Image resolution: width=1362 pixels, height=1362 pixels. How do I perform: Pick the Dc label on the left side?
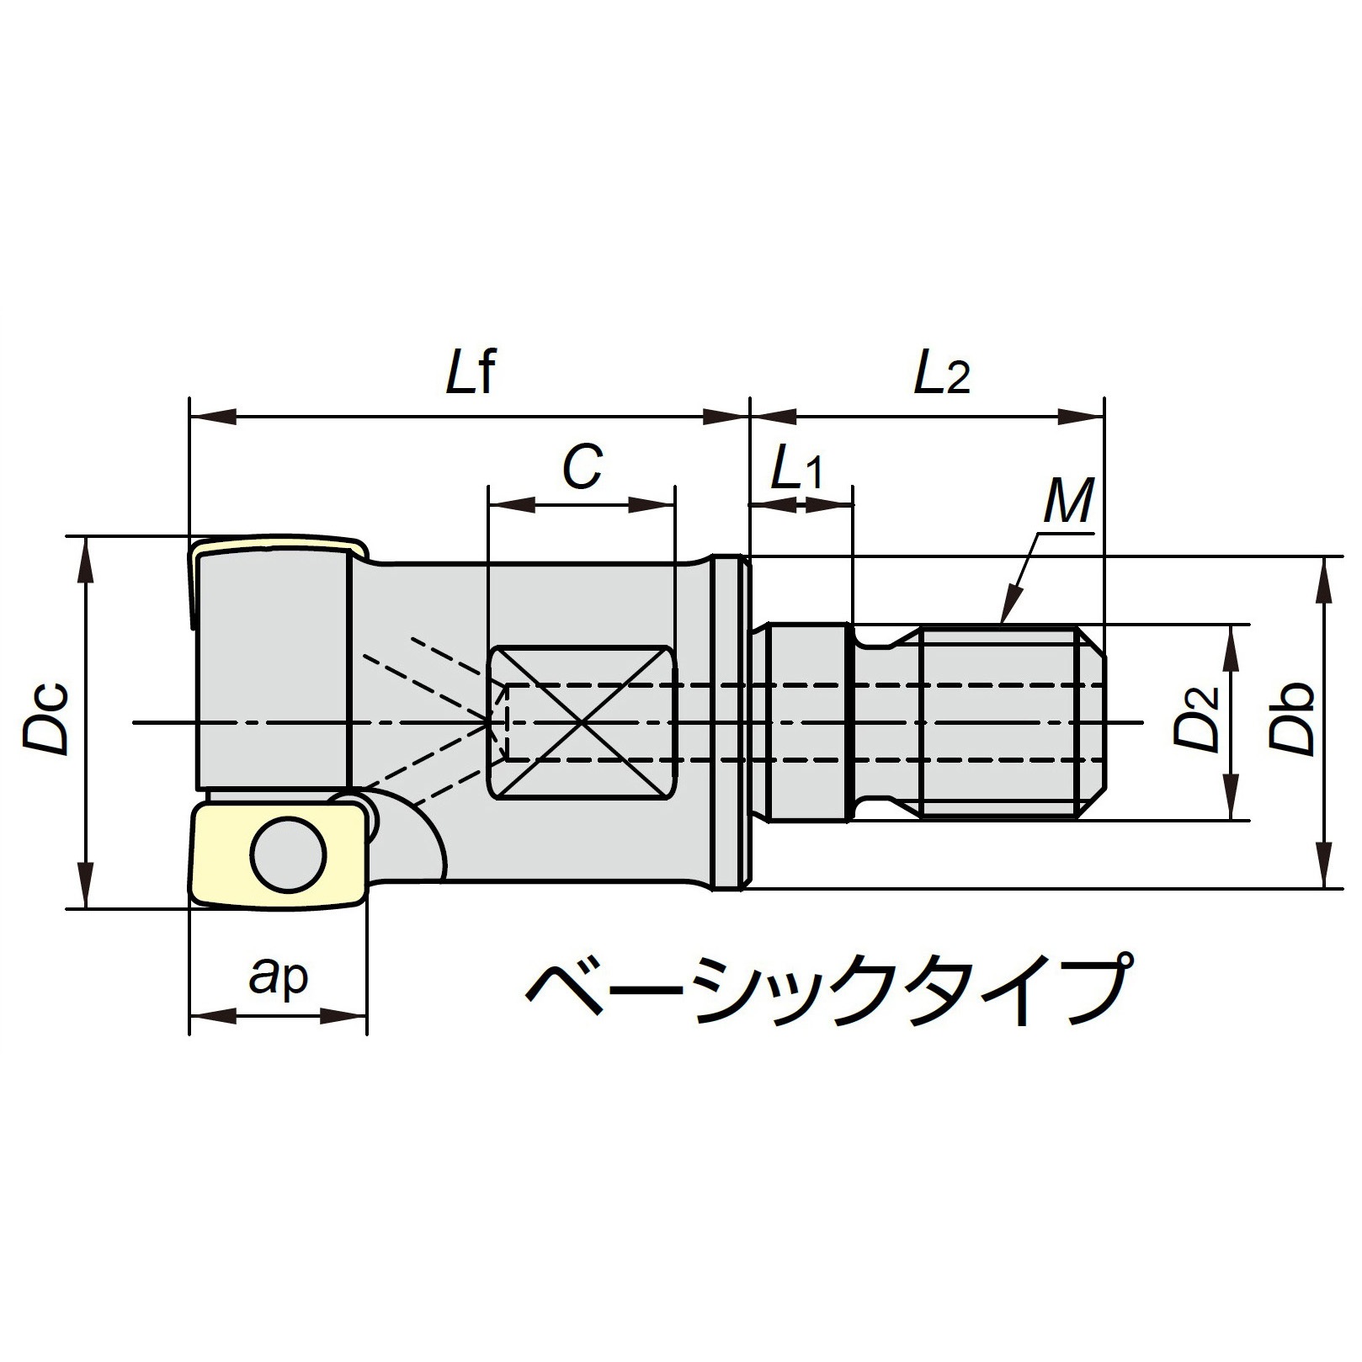pos(46,721)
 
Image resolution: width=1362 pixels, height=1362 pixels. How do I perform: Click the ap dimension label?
pos(279,976)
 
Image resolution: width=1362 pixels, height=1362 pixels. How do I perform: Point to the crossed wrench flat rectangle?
pos(582,723)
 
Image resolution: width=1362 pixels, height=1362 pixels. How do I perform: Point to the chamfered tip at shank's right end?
pos(1092,721)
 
